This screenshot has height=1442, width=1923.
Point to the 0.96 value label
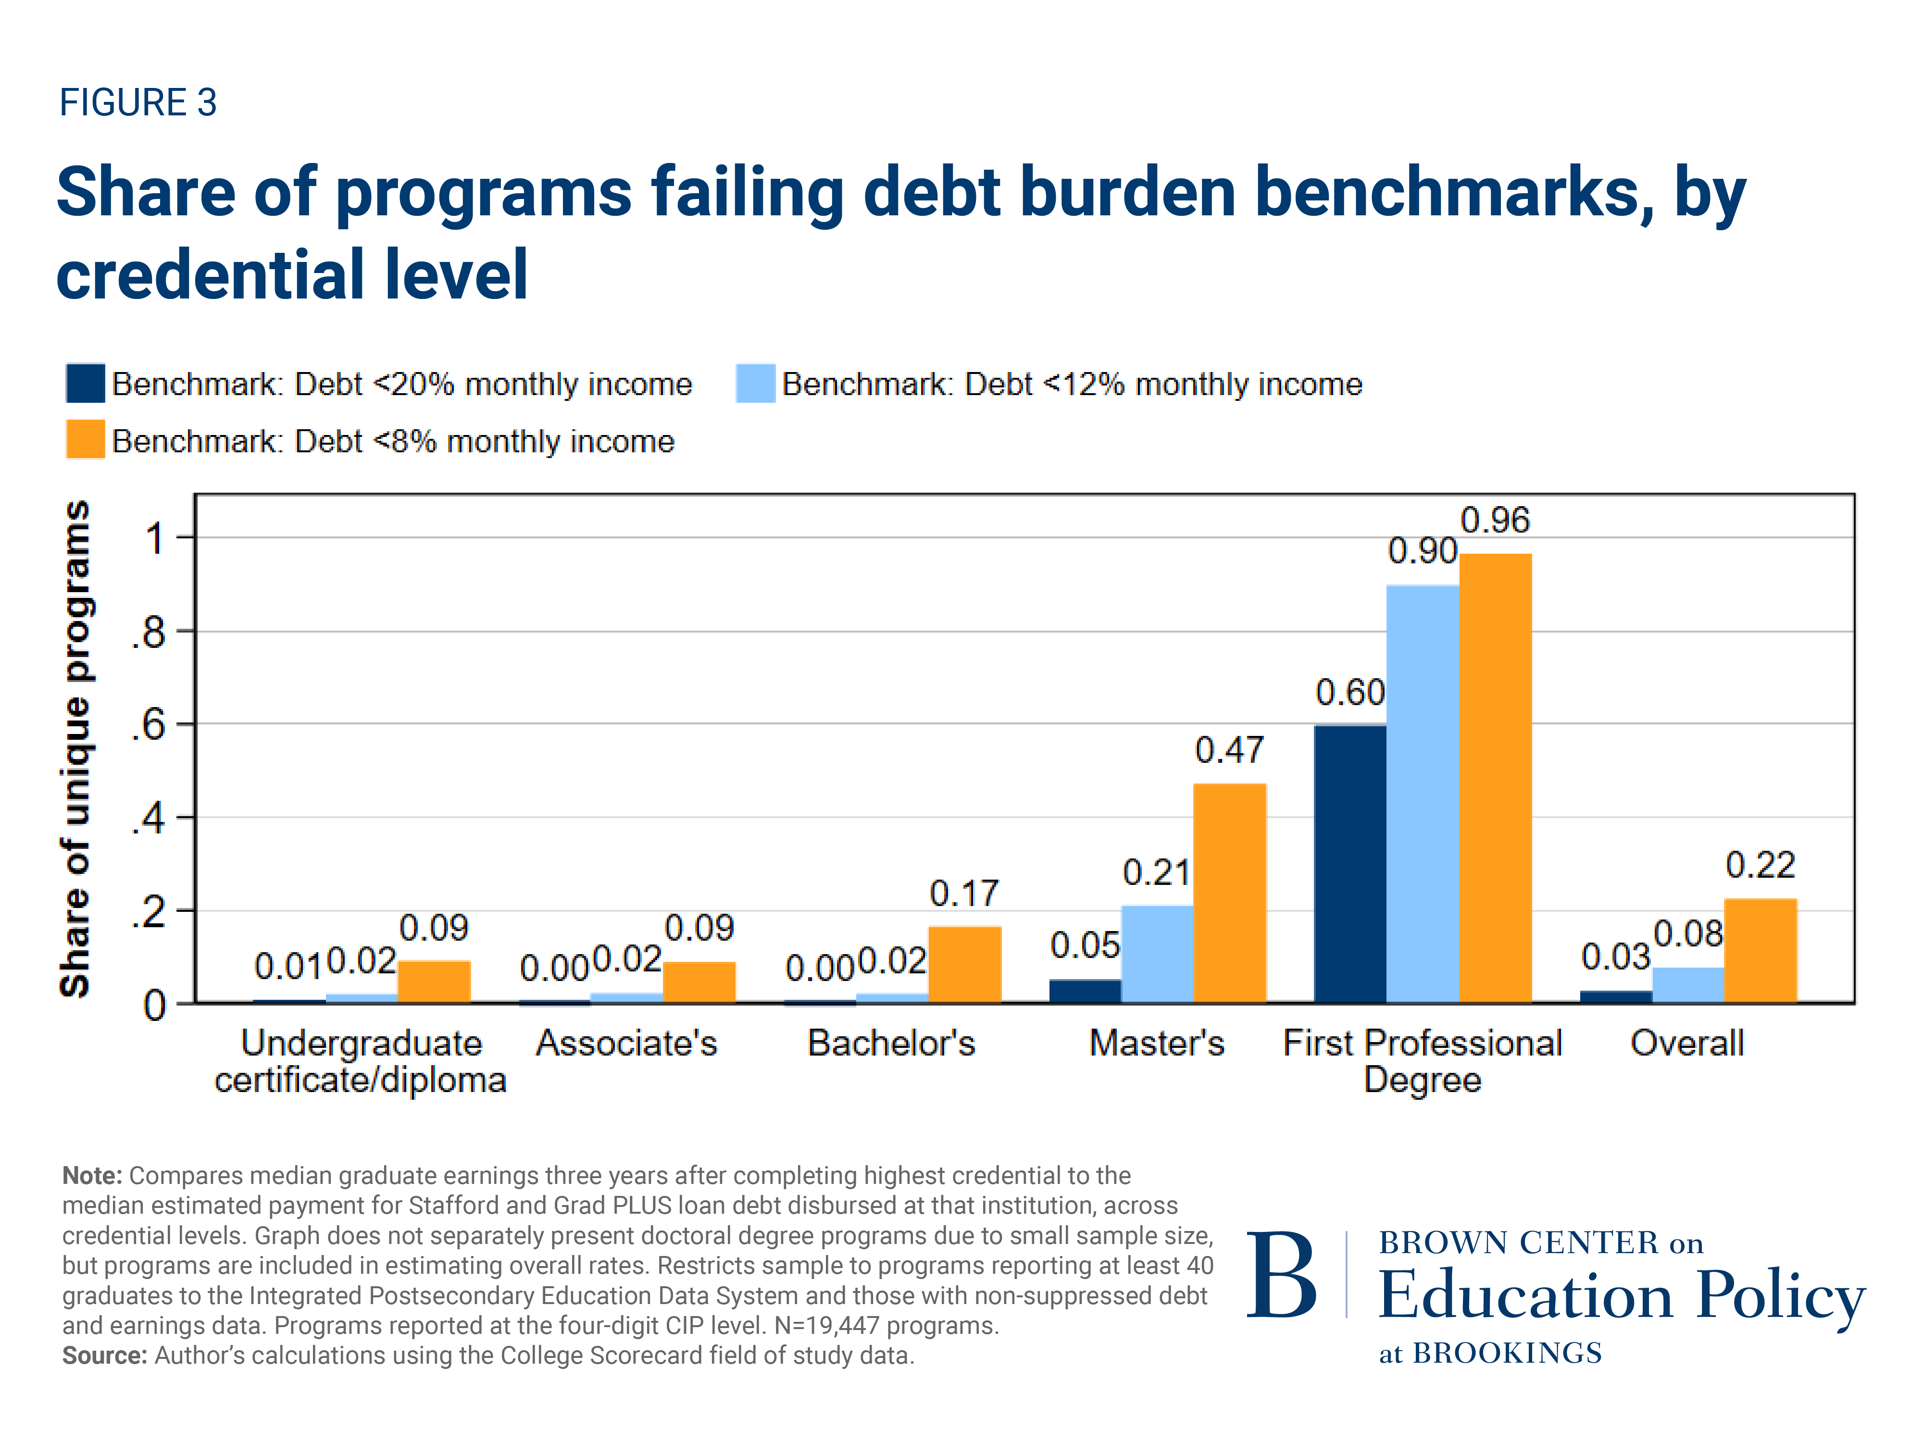pos(1494,520)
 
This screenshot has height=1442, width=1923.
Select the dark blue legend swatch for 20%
pos(85,383)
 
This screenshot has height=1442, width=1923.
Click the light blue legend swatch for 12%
pos(755,383)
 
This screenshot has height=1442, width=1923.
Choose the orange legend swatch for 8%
pos(85,440)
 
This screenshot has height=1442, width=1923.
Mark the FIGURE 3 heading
pos(137,102)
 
